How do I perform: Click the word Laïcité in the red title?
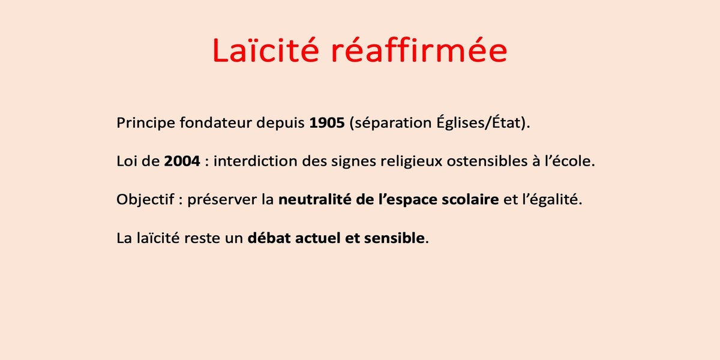click(x=266, y=50)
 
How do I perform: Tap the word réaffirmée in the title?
click(x=419, y=50)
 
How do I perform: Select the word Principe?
click(x=146, y=123)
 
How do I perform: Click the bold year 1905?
click(x=327, y=123)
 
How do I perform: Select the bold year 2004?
click(x=182, y=161)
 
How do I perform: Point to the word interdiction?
click(x=255, y=161)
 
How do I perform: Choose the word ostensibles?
click(x=487, y=161)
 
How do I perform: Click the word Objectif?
click(x=145, y=200)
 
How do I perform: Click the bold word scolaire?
click(x=470, y=199)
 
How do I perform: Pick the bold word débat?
click(x=269, y=238)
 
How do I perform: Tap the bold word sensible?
click(x=394, y=238)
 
